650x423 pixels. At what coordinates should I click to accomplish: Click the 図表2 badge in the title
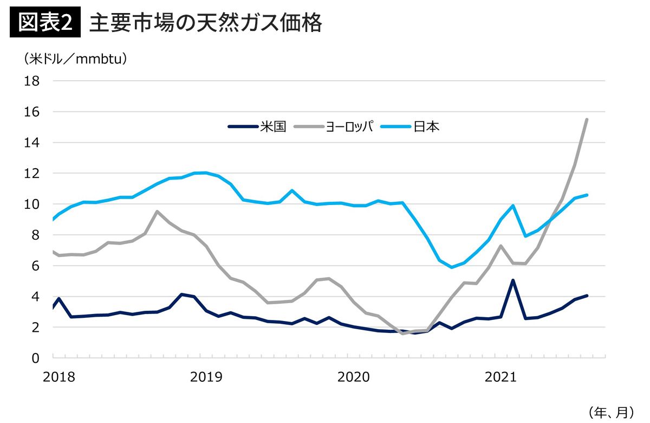45,23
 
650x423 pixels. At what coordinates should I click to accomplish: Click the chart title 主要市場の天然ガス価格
206,23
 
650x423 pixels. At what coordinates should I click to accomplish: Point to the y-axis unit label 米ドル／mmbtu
75,59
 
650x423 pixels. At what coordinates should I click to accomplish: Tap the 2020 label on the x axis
353,377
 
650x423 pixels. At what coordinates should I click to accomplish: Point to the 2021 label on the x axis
499,377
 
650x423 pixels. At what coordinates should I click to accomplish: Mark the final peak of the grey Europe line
587,119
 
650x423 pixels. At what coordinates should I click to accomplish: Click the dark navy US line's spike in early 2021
512,280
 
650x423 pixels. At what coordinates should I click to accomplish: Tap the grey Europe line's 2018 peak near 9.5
157,211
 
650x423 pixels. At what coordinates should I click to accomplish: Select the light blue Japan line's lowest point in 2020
452,267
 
